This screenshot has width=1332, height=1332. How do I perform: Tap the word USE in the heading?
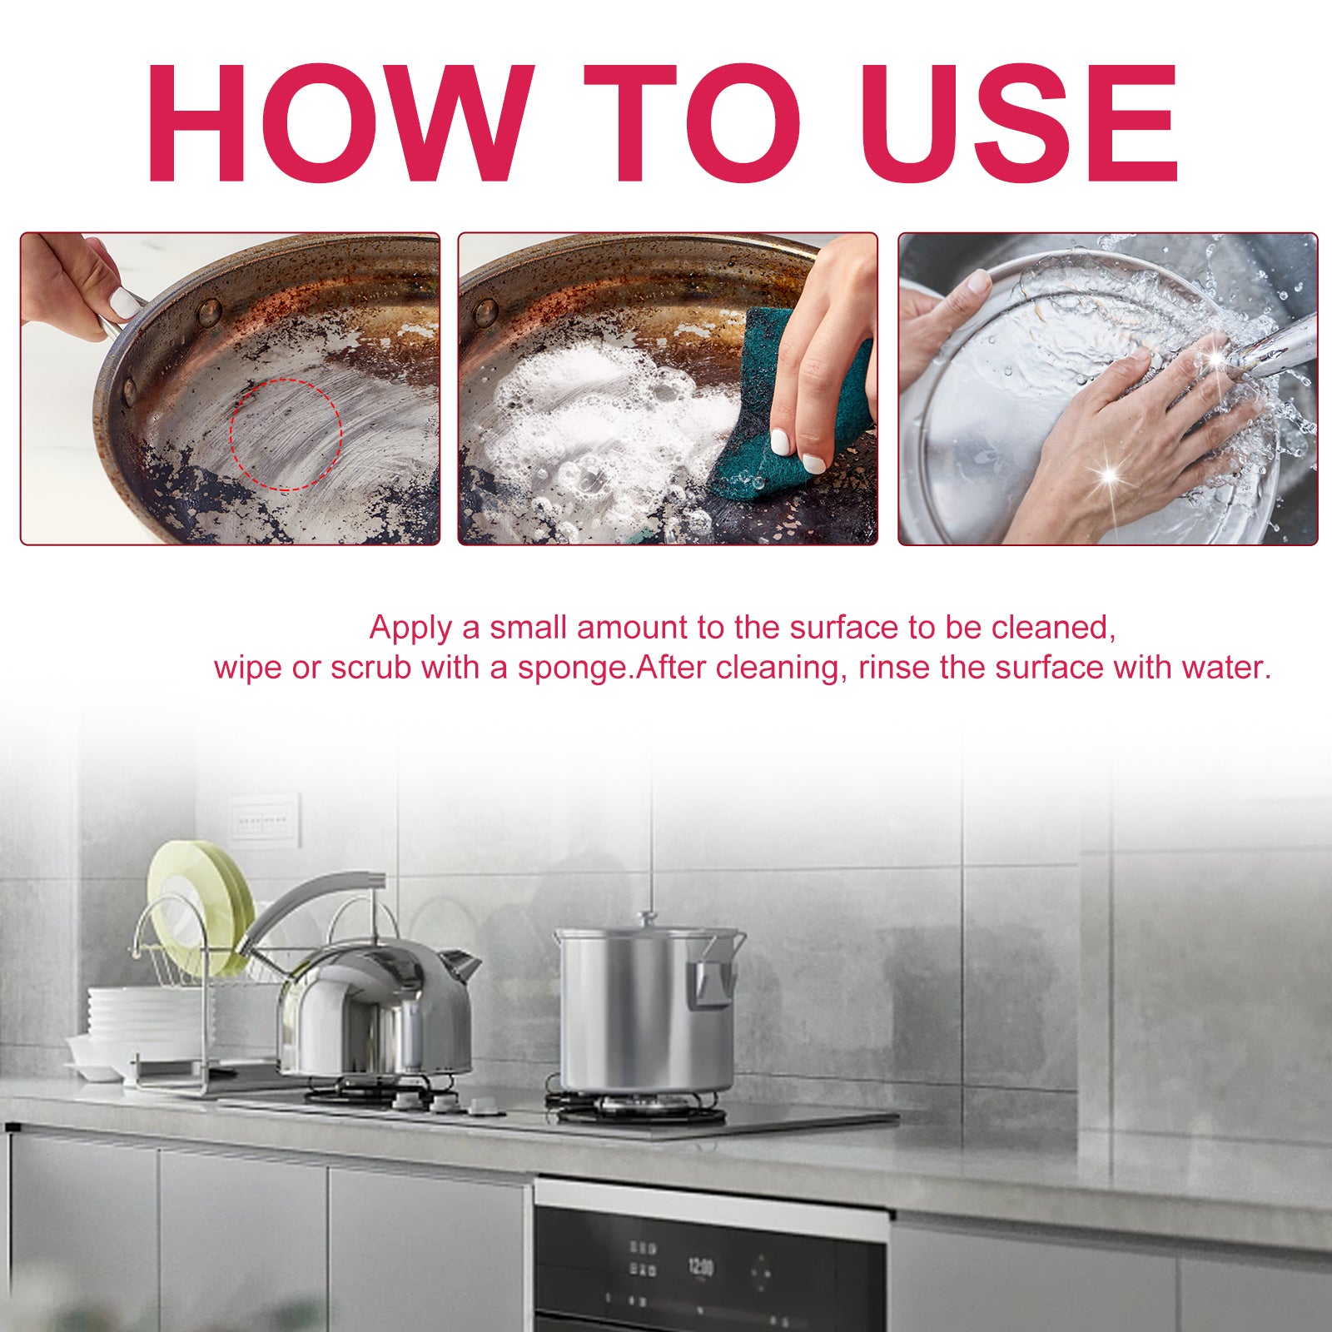1019,123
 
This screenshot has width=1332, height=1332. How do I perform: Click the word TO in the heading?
691,123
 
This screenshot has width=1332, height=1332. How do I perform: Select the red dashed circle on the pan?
286,434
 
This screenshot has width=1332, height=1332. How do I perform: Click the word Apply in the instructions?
411,628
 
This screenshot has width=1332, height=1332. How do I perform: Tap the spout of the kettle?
460,966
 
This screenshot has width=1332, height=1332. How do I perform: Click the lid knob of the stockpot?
647,919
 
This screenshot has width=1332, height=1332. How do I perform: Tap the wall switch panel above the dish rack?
263,821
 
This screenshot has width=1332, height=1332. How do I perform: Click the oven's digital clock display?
700,1268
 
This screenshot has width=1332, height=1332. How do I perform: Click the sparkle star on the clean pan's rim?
1108,476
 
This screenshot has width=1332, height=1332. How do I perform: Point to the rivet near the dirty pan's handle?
209,311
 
